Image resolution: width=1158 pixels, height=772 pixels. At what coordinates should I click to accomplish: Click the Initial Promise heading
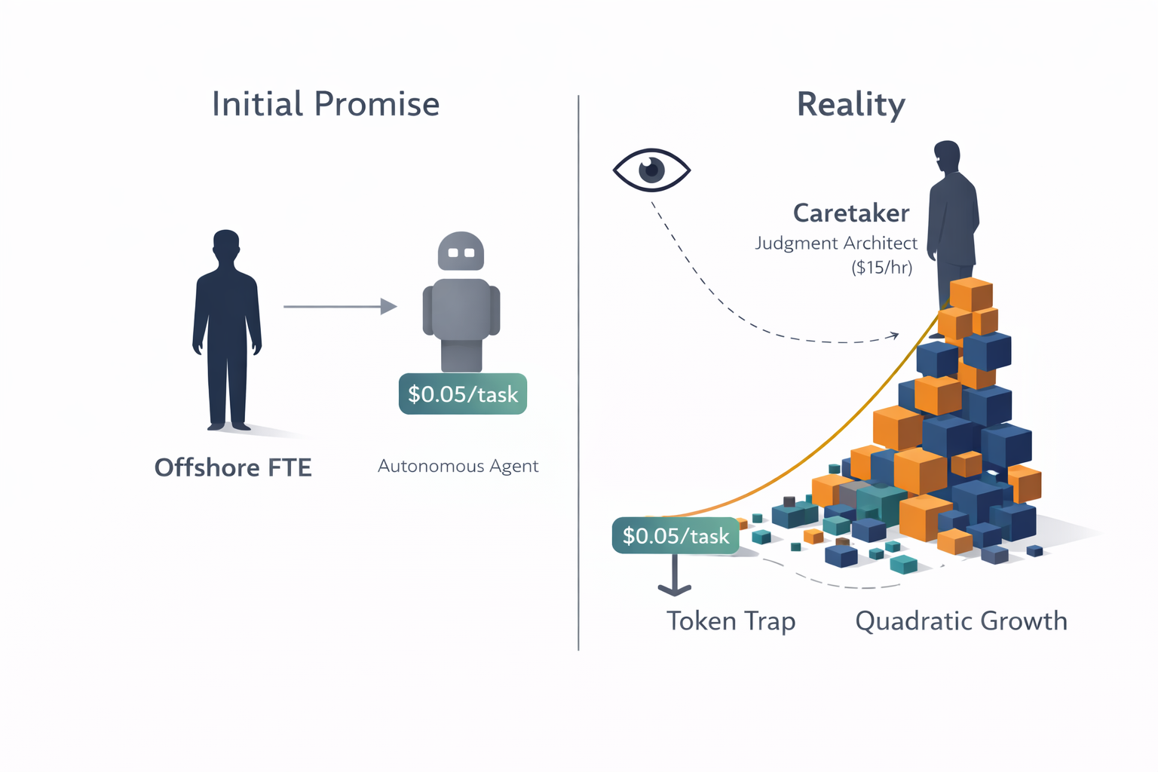(325, 104)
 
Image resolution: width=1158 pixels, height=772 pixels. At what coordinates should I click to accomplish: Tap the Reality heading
(850, 104)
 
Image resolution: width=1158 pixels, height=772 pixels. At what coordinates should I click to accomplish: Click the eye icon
(651, 170)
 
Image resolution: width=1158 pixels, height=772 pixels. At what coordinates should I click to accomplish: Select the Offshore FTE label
(233, 467)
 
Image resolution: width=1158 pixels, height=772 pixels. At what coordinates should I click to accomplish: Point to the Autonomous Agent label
(458, 466)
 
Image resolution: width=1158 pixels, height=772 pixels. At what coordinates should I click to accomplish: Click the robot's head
(461, 251)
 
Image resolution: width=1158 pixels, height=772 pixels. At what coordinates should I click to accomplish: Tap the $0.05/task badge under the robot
(462, 394)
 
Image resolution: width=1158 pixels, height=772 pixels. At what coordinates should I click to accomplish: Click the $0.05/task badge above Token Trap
(675, 535)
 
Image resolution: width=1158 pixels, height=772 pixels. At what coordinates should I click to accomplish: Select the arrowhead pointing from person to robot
(389, 306)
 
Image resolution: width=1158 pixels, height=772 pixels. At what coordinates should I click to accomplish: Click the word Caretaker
(850, 213)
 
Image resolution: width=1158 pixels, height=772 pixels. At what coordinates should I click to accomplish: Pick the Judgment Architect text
(835, 244)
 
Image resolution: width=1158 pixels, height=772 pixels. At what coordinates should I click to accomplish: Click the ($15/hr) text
(881, 268)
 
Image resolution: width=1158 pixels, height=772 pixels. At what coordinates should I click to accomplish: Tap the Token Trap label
(731, 621)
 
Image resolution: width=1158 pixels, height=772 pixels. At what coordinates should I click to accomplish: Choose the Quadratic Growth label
(961, 621)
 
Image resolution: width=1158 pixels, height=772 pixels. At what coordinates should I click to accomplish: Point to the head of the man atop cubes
(947, 157)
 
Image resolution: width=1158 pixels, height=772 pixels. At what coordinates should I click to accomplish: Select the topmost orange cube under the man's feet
(970, 294)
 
